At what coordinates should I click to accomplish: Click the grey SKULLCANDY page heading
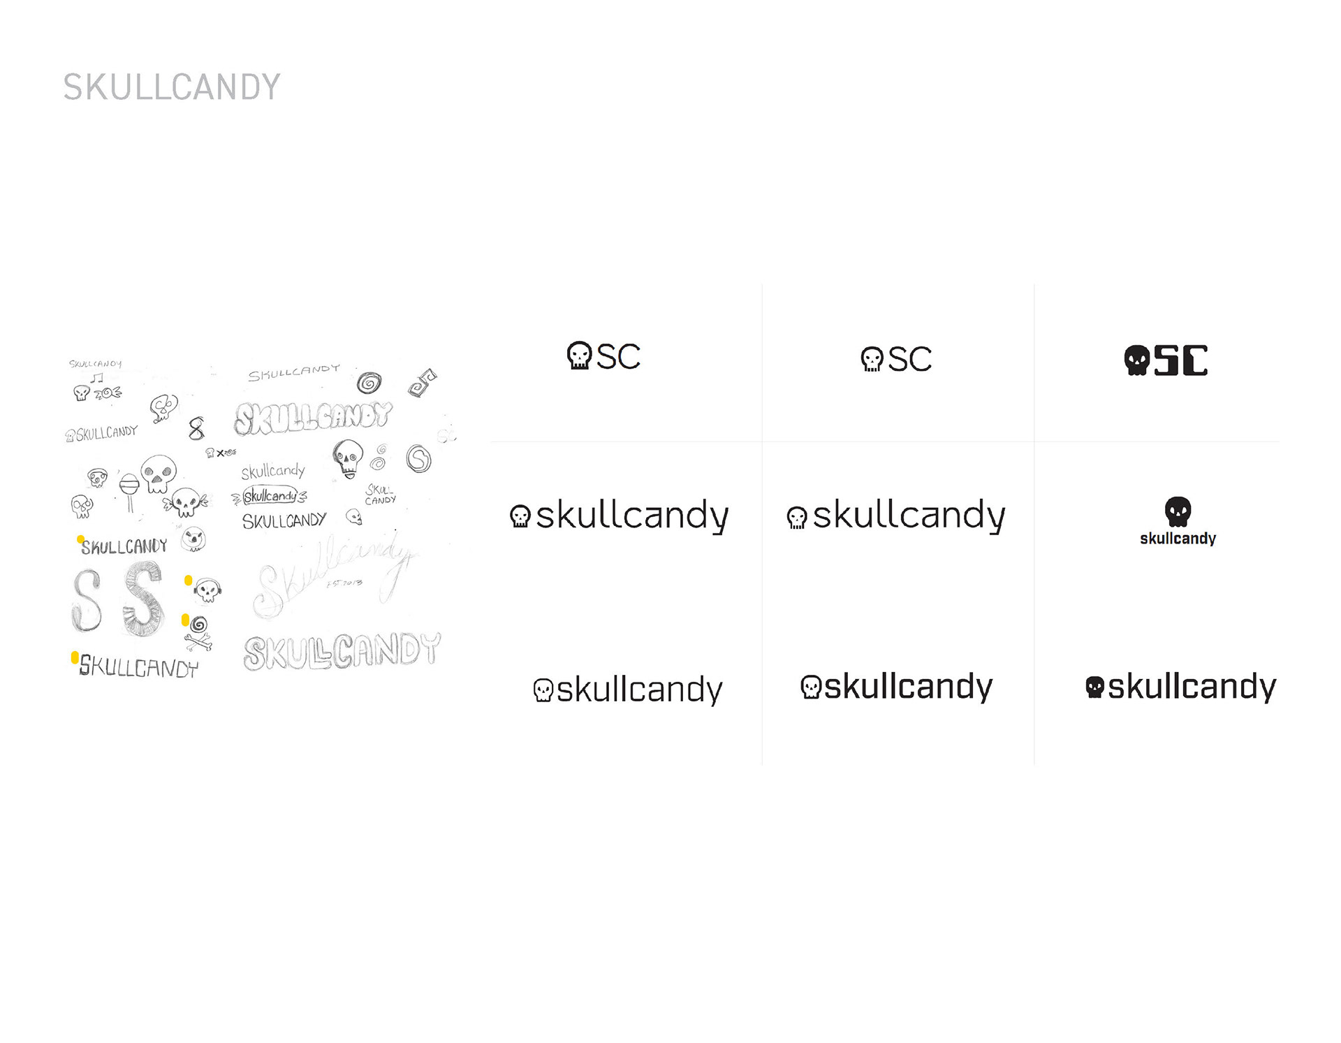pyautogui.click(x=172, y=87)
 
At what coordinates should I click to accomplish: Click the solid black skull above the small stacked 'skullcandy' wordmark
pyautogui.click(x=1178, y=511)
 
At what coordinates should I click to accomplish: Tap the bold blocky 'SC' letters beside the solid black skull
pyautogui.click(x=1180, y=360)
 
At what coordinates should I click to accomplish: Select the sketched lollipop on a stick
pyautogui.click(x=129, y=489)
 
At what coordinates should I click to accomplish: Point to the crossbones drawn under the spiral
pyautogui.click(x=198, y=640)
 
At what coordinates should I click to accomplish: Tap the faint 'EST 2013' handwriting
pyautogui.click(x=344, y=583)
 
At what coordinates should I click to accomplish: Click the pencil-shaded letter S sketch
pyautogui.click(x=143, y=599)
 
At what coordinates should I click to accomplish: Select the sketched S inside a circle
pyautogui.click(x=418, y=459)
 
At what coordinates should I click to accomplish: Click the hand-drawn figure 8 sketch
pyautogui.click(x=196, y=428)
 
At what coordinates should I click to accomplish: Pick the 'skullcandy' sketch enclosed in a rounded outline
pyautogui.click(x=270, y=496)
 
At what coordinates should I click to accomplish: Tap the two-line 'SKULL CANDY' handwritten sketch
pyautogui.click(x=380, y=495)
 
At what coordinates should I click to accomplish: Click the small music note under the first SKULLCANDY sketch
pyautogui.click(x=97, y=378)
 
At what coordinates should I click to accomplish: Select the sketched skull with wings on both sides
pyautogui.click(x=185, y=501)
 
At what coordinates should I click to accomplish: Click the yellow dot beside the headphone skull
pyautogui.click(x=188, y=580)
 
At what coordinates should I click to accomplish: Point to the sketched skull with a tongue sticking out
pyautogui.click(x=348, y=458)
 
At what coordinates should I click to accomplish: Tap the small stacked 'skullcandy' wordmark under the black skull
pyautogui.click(x=1178, y=539)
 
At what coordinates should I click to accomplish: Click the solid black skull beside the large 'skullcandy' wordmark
pyautogui.click(x=1094, y=687)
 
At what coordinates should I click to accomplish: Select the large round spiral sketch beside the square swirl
pyautogui.click(x=369, y=383)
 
